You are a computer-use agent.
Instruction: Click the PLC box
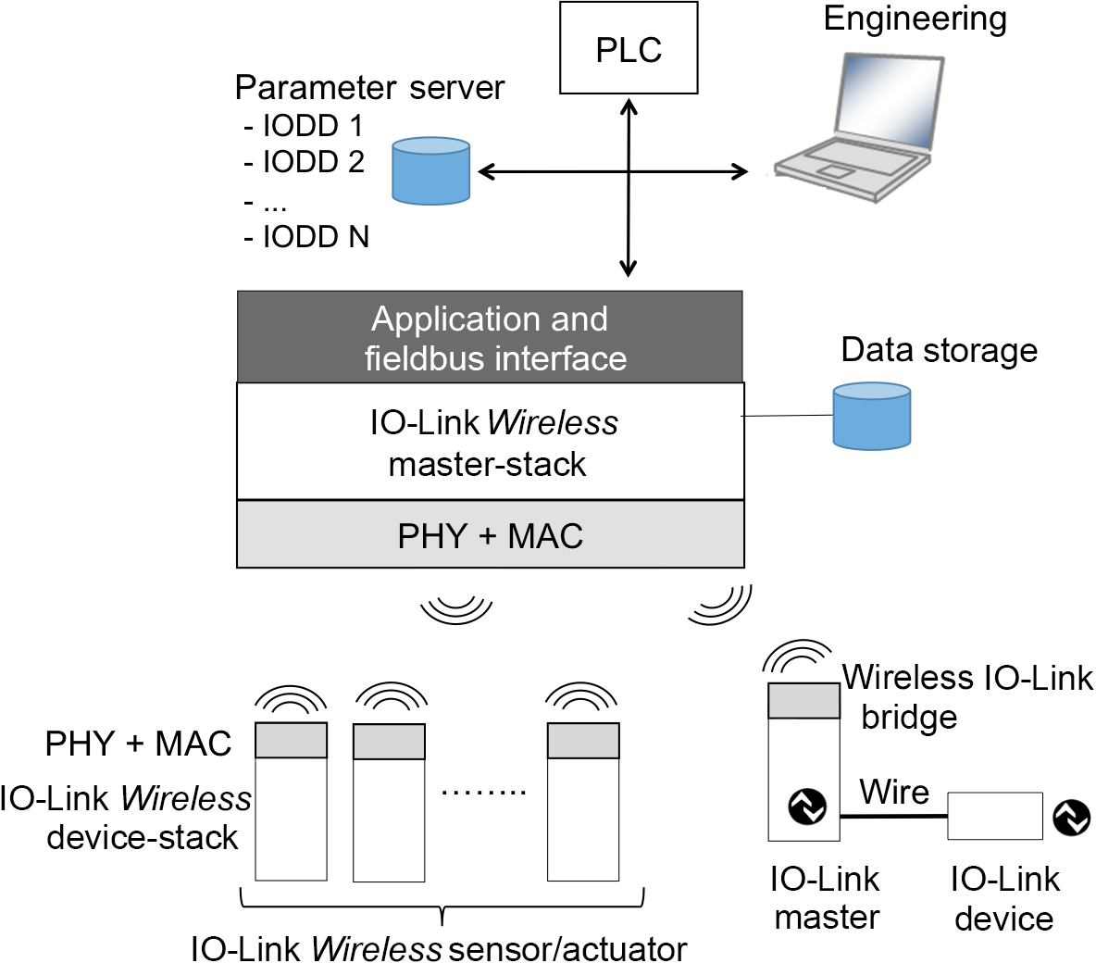(x=629, y=48)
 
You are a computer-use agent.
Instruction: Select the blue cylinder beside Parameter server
(x=430, y=170)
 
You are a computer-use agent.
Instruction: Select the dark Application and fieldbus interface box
(x=490, y=337)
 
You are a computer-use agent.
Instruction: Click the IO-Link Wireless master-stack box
(x=490, y=442)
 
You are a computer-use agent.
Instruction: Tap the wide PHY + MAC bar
(x=490, y=535)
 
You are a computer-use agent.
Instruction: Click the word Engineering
(x=915, y=19)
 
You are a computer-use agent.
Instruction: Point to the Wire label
(x=893, y=793)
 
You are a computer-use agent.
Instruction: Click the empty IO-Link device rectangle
(x=994, y=816)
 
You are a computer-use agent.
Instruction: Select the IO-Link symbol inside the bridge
(x=806, y=807)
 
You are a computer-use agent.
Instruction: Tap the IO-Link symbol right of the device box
(x=1072, y=817)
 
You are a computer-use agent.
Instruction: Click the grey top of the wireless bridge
(x=803, y=701)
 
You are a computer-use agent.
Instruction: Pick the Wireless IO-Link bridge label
(x=967, y=696)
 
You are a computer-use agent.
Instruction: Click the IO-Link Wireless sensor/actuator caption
(x=439, y=948)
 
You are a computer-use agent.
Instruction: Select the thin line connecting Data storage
(x=788, y=417)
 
